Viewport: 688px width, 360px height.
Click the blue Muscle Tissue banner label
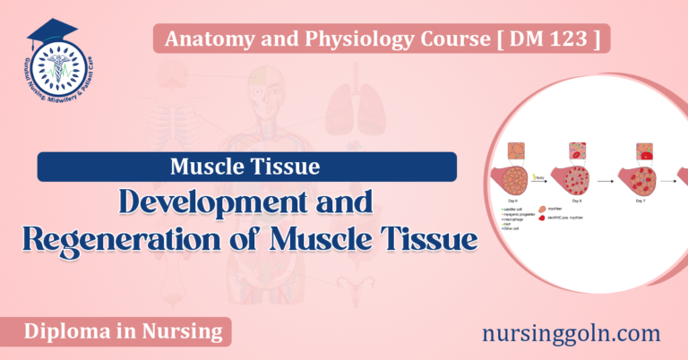pos(246,167)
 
